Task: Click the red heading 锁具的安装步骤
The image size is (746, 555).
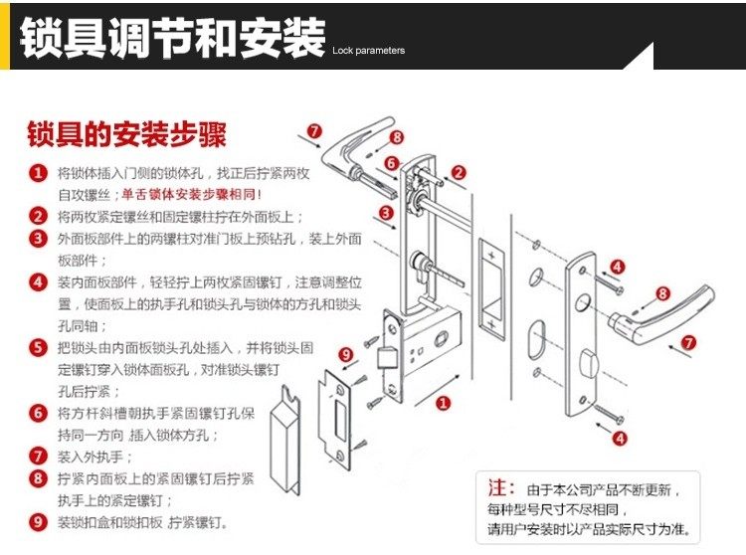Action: click(x=126, y=133)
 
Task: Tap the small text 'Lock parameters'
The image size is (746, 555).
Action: click(x=369, y=50)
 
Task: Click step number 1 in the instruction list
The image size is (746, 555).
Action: click(x=38, y=172)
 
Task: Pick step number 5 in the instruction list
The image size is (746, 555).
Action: click(x=38, y=347)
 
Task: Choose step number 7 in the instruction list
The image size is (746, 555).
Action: click(x=38, y=457)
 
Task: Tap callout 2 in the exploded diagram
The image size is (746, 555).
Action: click(x=459, y=172)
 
